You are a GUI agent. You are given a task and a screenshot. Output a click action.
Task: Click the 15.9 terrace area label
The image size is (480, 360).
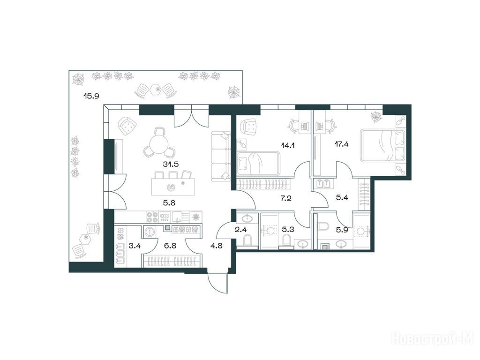(91, 96)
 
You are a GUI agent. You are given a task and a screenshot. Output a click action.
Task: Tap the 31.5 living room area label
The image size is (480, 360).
(171, 164)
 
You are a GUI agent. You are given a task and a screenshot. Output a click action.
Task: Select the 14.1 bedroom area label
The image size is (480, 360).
(288, 145)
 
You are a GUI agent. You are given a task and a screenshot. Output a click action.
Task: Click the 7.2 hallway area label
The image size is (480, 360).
(285, 198)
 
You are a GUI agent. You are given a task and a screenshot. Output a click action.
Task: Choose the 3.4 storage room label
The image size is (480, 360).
(135, 246)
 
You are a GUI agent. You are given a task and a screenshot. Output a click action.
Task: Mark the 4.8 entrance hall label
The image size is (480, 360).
(217, 246)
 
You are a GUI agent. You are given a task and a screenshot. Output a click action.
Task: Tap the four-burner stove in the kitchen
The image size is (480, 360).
(152, 217)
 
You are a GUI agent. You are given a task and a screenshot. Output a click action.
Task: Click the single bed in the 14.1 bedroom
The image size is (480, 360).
(259, 164)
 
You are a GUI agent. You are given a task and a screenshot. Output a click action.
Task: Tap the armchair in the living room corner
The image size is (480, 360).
(127, 126)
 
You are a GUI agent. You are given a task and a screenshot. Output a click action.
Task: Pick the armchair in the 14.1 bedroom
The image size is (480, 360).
(249, 127)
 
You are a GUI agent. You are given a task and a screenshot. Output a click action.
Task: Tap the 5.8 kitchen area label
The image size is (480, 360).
(169, 202)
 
